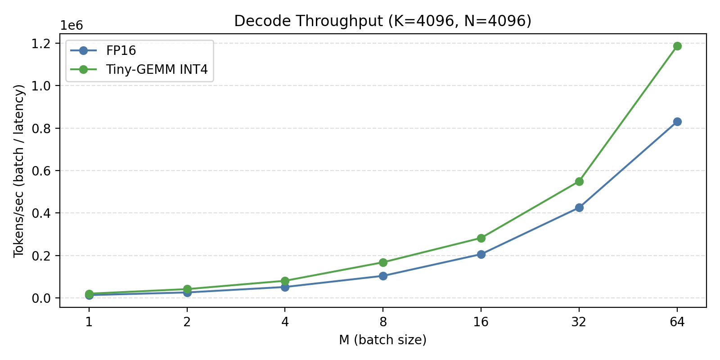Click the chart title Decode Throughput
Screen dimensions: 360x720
click(x=382, y=21)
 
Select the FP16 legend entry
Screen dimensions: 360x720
click(x=121, y=50)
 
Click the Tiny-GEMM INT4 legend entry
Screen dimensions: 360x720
click(x=157, y=69)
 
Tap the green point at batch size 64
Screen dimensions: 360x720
click(x=677, y=46)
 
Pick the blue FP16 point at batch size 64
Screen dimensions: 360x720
click(x=677, y=121)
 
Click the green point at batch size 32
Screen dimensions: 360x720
click(x=579, y=181)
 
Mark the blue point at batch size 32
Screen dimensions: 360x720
click(x=579, y=207)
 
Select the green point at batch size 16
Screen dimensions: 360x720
click(x=481, y=238)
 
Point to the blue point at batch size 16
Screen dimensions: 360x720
click(x=481, y=254)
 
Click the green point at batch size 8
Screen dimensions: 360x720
click(x=383, y=262)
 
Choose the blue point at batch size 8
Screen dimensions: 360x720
click(x=383, y=276)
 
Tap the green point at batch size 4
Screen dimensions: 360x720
click(x=285, y=281)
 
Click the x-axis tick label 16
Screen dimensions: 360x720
click(x=481, y=322)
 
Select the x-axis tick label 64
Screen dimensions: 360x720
click(x=677, y=322)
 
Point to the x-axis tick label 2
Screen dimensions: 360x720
click(x=187, y=322)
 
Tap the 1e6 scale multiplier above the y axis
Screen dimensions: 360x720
click(x=72, y=26)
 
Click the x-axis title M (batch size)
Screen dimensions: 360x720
click(x=382, y=340)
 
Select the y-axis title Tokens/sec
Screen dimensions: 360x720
click(x=19, y=171)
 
